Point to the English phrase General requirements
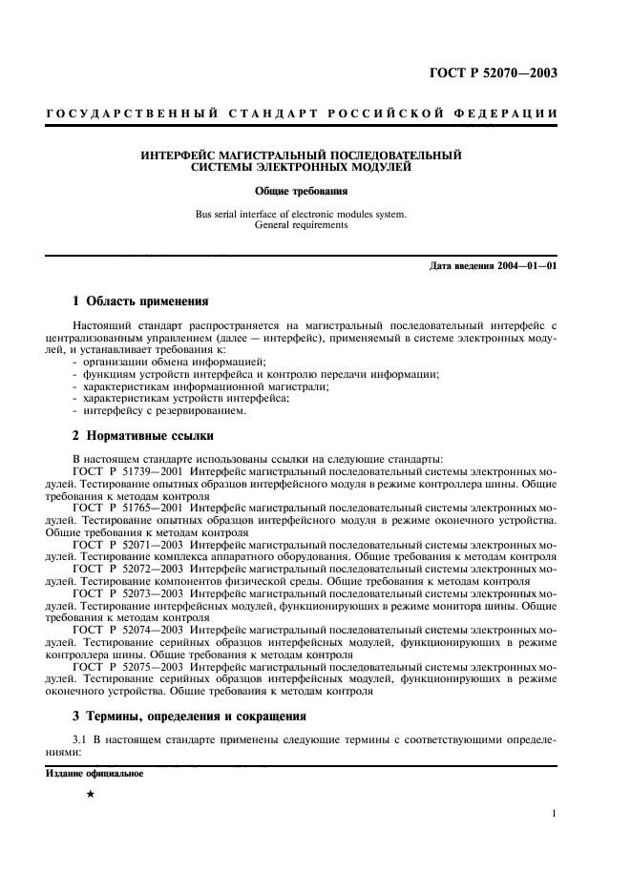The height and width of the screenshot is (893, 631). click(301, 226)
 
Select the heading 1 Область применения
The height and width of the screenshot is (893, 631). click(140, 301)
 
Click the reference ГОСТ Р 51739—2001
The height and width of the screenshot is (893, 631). click(128, 470)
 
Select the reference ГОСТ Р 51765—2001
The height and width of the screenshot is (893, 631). click(128, 508)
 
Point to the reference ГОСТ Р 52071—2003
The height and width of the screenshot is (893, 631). click(128, 545)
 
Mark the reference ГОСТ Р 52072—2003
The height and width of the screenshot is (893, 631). click(128, 570)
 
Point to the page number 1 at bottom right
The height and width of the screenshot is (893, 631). click(553, 814)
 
